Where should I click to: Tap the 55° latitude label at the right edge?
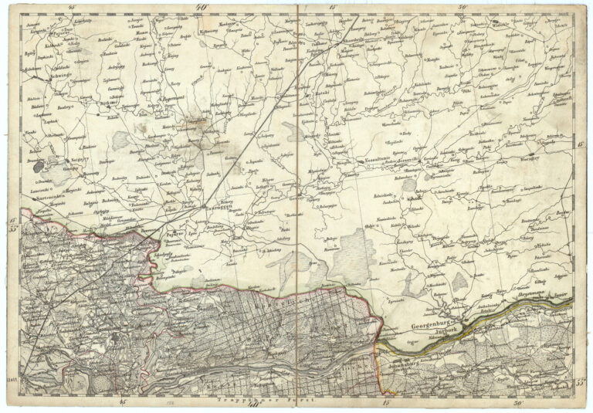coord(581,383)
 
